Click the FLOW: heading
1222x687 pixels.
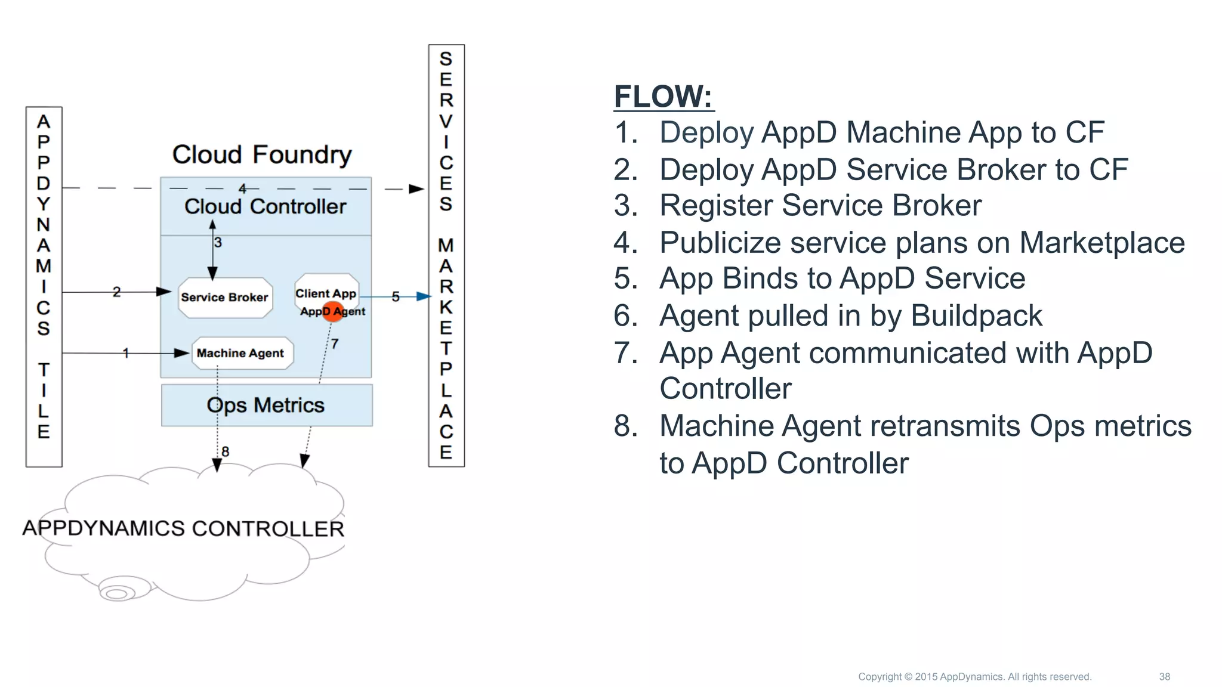click(663, 97)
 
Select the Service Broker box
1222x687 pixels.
click(225, 297)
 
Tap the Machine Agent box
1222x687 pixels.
click(241, 353)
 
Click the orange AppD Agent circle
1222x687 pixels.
click(332, 311)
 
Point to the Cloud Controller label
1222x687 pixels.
click(265, 207)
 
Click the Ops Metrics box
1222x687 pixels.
click(266, 406)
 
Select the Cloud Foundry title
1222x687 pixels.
click(262, 155)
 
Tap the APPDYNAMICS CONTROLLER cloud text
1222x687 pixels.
click(183, 528)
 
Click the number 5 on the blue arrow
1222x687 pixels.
click(395, 297)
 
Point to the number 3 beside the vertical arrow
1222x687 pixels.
click(218, 243)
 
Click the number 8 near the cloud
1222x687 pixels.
click(225, 451)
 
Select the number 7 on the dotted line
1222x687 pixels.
click(335, 344)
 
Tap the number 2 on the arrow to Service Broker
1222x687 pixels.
click(116, 292)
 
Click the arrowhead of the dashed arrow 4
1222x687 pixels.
click(416, 189)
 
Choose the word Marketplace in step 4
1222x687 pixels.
click(1101, 243)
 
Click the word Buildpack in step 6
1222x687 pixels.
click(976, 316)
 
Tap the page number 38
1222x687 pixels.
click(1164, 677)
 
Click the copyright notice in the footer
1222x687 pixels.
click(974, 677)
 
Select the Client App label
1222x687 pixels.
click(326, 293)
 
